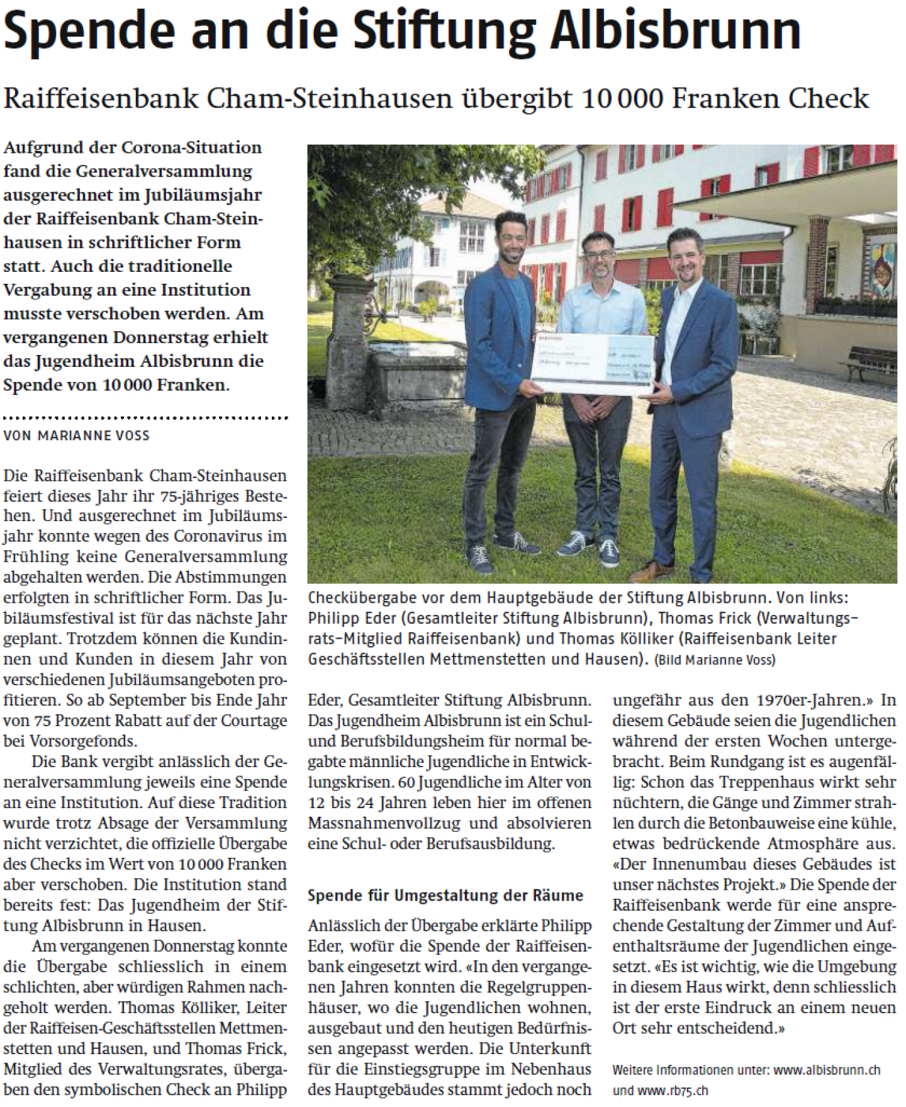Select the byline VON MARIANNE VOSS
click(76, 435)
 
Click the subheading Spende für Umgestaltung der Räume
click(445, 895)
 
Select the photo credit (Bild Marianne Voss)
click(714, 660)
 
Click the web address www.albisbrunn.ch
click(826, 1069)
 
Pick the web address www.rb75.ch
click(673, 1089)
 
